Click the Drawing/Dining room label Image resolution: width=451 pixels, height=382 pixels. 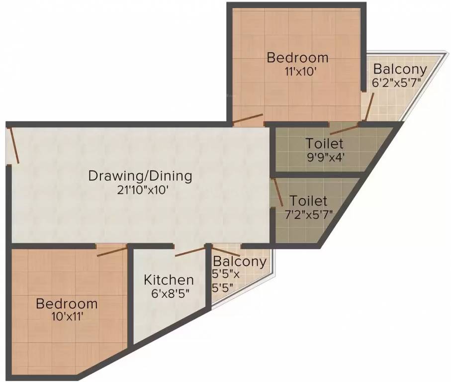click(140, 176)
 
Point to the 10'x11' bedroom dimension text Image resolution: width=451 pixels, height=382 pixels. click(66, 316)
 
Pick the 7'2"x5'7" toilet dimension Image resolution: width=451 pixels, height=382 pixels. click(308, 214)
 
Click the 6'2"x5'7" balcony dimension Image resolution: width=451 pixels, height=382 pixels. click(400, 82)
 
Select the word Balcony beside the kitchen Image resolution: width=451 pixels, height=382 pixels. click(239, 261)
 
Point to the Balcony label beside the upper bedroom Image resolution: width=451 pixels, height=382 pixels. click(400, 69)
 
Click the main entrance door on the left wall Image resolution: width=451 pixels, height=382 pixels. click(13, 145)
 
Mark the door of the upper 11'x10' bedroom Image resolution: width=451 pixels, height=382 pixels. click(247, 119)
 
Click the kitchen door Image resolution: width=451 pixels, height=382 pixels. click(189, 251)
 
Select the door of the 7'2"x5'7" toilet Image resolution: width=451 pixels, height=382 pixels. click(276, 192)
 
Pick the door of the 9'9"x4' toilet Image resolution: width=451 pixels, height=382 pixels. click(344, 129)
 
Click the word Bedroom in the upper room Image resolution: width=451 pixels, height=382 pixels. click(297, 57)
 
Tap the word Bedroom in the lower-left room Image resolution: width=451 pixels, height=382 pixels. click(66, 303)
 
